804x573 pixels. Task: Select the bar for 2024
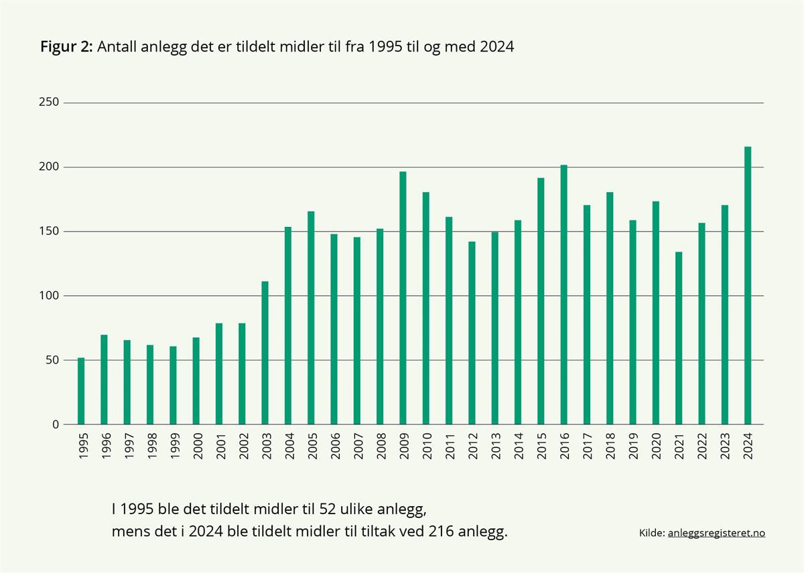click(748, 285)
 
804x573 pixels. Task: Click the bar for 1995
click(81, 391)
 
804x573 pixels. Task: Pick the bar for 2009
click(403, 298)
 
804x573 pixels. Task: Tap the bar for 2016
click(563, 295)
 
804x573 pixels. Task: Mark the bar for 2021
click(679, 338)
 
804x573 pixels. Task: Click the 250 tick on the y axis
click(52, 102)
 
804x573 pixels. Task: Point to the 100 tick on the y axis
click(52, 296)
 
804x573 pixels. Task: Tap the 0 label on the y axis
click(56, 424)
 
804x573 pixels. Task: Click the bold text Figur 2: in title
click(66, 47)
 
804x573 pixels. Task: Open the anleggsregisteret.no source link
click(716, 534)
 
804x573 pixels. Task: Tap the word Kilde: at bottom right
click(652, 534)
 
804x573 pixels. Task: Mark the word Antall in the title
click(117, 47)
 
